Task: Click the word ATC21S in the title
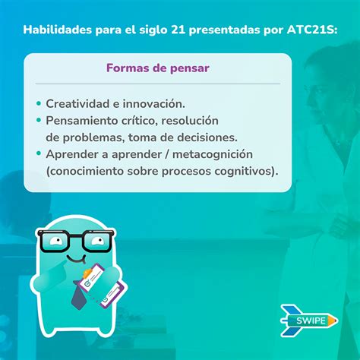[312, 30]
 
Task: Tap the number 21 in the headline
[178, 30]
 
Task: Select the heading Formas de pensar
[158, 68]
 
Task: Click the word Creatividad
[77, 104]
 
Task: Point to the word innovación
[154, 104]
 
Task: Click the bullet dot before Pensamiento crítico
[39, 120]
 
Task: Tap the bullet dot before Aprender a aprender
[39, 153]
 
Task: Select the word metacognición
[213, 154]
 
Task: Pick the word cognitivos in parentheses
[245, 171]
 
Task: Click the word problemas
[93, 138]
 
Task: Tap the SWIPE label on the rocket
[311, 321]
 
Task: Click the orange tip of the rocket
[333, 321]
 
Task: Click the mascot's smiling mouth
[76, 259]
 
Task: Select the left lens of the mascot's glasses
[55, 242]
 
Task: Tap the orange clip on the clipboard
[88, 273]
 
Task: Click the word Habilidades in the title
[58, 30]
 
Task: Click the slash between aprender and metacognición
[167, 154]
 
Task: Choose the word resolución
[190, 121]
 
